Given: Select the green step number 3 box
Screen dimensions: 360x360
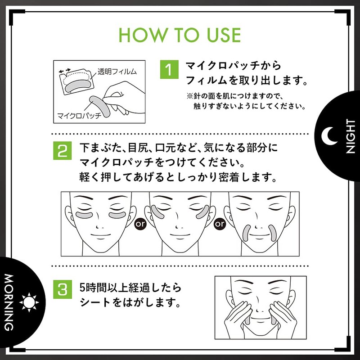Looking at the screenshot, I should click(x=62, y=289).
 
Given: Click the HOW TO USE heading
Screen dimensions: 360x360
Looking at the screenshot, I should click(x=180, y=35).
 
